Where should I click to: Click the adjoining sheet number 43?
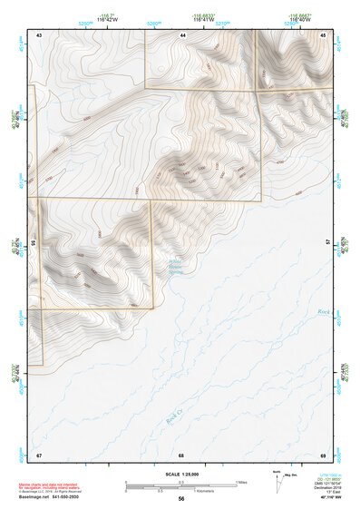[x=39, y=34]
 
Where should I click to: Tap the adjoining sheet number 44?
[x=183, y=34]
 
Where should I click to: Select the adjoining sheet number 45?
[x=325, y=34]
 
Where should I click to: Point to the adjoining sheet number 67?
[x=39, y=454]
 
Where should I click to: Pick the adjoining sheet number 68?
[x=181, y=454]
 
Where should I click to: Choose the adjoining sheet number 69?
[x=324, y=454]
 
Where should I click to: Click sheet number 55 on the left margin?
[x=34, y=243]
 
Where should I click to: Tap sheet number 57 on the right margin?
[x=328, y=242]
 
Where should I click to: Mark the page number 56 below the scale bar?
[x=181, y=499]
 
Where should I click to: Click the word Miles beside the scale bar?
[x=242, y=482]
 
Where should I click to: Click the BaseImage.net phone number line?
[x=49, y=499]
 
